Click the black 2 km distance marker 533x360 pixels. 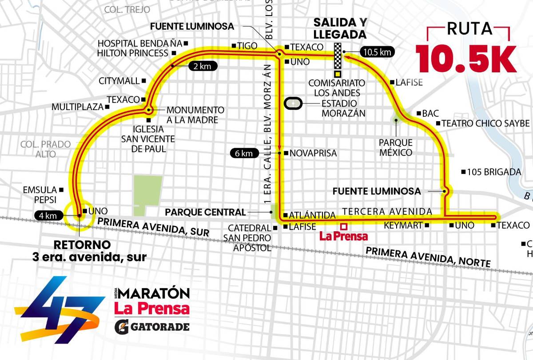point(203,67)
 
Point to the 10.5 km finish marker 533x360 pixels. point(378,52)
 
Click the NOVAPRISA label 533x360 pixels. point(313,154)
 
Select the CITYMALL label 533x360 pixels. point(119,81)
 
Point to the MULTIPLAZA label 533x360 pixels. point(77,107)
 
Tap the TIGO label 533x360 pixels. point(247,46)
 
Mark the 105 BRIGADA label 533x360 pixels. point(494,172)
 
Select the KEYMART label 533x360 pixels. point(403,225)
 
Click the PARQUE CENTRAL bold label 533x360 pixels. point(205,212)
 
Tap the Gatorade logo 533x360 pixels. point(152,327)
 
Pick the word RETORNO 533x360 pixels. point(82,245)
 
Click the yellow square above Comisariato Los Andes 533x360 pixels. point(338,74)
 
